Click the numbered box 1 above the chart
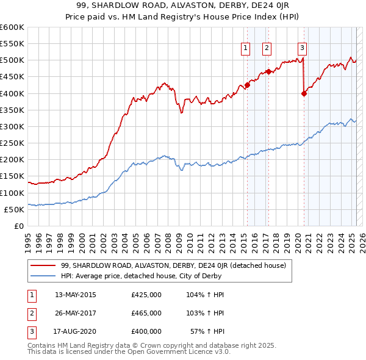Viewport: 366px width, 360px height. click(x=245, y=48)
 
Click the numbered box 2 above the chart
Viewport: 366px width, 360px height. click(x=267, y=48)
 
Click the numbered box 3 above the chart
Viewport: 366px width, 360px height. click(x=302, y=48)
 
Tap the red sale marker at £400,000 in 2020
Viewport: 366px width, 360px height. click(x=304, y=93)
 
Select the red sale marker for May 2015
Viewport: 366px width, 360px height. click(x=247, y=85)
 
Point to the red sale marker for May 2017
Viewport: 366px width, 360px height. click(x=269, y=71)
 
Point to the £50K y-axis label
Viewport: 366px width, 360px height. click(x=14, y=209)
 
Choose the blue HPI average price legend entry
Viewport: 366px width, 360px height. click(x=141, y=276)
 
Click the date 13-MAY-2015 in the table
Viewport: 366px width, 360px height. click(x=76, y=295)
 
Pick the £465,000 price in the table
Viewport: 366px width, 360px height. click(x=146, y=313)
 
